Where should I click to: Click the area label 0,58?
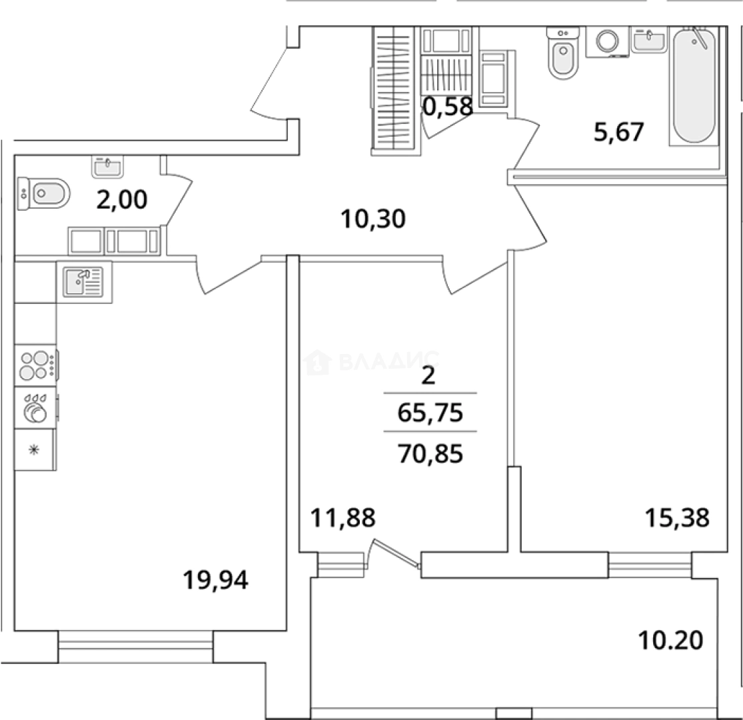click(x=448, y=106)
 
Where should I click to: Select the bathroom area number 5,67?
click(x=619, y=132)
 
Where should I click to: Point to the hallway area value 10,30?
click(x=372, y=218)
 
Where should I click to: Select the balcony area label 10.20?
click(x=670, y=641)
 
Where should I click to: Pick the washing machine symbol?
click(x=607, y=41)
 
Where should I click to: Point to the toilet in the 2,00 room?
click(x=44, y=194)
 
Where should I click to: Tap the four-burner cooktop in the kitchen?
click(x=35, y=365)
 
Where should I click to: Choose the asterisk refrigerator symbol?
click(x=34, y=450)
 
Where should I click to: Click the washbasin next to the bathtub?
click(x=648, y=41)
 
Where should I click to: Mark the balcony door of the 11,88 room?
click(x=394, y=555)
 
